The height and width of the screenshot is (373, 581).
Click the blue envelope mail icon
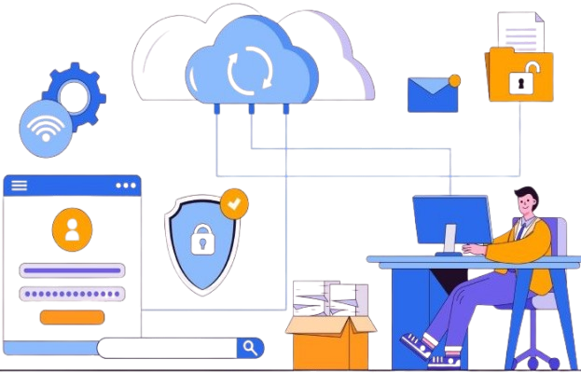pyautogui.click(x=432, y=95)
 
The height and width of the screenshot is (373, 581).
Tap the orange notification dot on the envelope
pyautogui.click(x=454, y=80)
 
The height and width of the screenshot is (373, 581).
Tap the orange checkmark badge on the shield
pyautogui.click(x=235, y=202)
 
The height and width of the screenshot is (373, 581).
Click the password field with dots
pyautogui.click(x=71, y=294)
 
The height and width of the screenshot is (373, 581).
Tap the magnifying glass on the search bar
pyautogui.click(x=249, y=348)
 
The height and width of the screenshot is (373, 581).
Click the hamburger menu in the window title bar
pyautogui.click(x=20, y=186)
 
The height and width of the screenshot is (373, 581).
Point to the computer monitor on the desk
pyautogui.click(x=450, y=220)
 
